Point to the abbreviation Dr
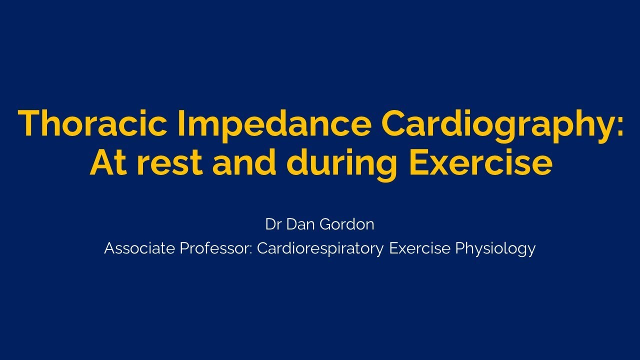coord(273,224)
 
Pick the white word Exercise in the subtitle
coord(419,248)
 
